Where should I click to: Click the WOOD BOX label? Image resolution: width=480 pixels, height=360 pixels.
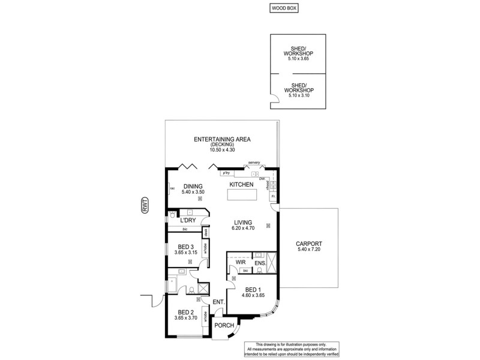283,8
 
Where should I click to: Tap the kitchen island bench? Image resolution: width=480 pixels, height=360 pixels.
242,195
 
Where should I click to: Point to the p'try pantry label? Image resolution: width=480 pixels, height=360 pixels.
226,173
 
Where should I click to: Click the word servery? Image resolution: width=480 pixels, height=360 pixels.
254,162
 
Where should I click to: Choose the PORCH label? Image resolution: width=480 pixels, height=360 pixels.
224,326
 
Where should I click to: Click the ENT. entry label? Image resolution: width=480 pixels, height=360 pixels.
218,302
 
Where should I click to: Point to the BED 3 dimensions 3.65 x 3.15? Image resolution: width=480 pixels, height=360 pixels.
184,253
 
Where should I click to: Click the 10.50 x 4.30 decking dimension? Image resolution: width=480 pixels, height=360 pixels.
221,149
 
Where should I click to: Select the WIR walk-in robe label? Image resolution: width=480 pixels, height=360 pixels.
240,262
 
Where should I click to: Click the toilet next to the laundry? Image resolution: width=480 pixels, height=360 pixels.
173,214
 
